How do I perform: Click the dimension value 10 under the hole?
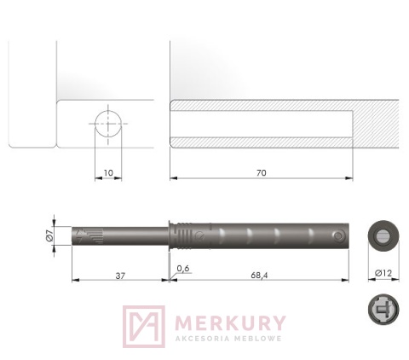[x=108, y=172]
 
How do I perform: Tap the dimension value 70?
[x=262, y=173]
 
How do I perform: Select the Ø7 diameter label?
[x=49, y=235]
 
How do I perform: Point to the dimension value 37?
[x=120, y=276]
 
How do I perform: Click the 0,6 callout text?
[x=183, y=268]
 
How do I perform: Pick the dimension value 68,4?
[x=259, y=276]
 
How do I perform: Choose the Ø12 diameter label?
[x=383, y=273]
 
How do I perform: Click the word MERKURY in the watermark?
[x=230, y=322]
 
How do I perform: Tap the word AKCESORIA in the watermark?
[x=202, y=339]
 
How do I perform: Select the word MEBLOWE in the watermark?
[x=258, y=339]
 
